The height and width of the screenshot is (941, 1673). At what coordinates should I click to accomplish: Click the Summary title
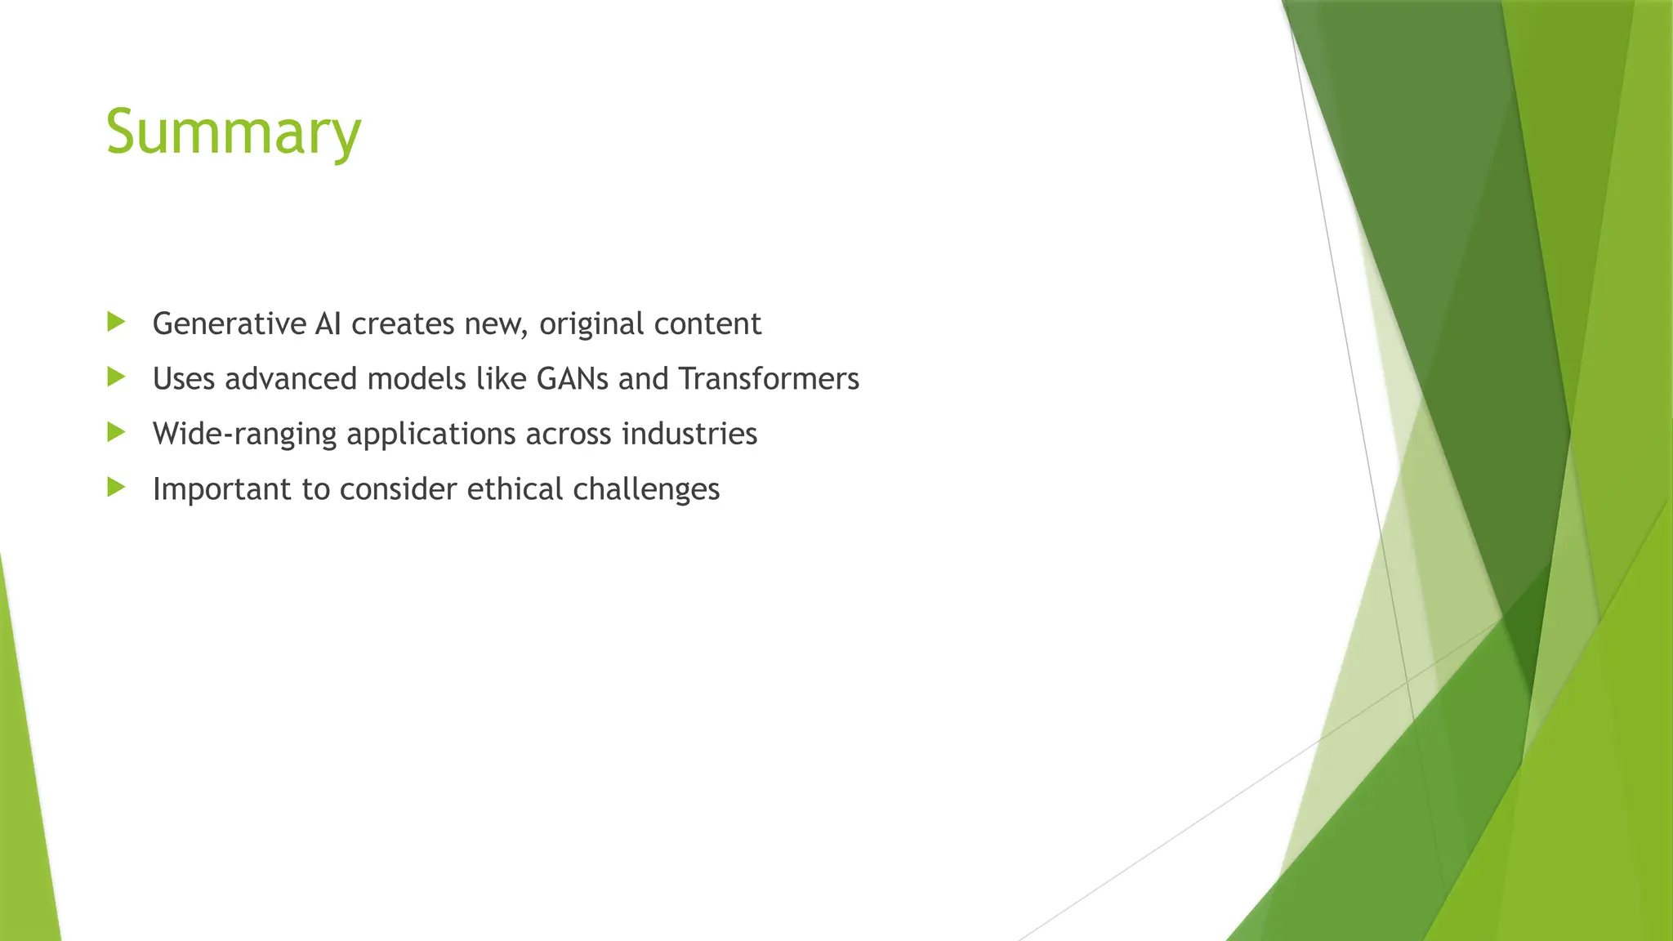click(x=233, y=132)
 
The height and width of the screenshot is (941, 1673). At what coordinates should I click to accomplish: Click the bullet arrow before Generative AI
click(x=116, y=322)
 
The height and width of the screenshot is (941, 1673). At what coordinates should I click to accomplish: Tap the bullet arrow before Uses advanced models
click(x=116, y=377)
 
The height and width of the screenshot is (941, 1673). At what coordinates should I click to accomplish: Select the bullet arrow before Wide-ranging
click(x=116, y=432)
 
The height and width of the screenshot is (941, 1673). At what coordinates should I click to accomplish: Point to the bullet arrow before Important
click(x=116, y=488)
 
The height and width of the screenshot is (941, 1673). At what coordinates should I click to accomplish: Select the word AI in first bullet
click(x=328, y=324)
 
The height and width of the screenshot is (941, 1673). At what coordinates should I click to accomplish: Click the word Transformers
click(x=769, y=379)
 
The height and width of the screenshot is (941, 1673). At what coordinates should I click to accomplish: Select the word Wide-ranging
click(x=244, y=434)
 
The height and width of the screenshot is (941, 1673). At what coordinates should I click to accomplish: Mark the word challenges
click(x=646, y=489)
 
